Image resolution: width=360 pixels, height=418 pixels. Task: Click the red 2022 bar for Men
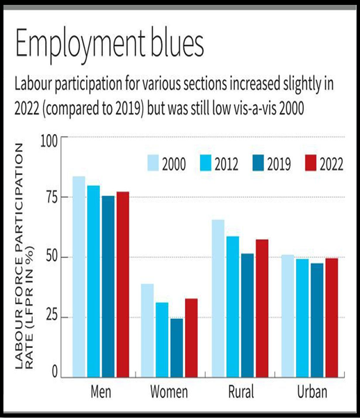coord(123,285)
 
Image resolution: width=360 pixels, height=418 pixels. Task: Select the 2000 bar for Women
coord(147,331)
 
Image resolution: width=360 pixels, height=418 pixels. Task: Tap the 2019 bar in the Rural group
coord(247,315)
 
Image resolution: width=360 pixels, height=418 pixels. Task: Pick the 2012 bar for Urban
coord(302,318)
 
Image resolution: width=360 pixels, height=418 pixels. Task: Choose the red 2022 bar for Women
coord(191,338)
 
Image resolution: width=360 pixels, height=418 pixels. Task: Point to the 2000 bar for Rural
coord(218,299)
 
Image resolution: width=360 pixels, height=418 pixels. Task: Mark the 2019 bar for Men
coord(108,287)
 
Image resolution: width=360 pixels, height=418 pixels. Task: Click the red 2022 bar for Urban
coord(332,318)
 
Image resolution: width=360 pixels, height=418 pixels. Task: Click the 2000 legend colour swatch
coord(153,163)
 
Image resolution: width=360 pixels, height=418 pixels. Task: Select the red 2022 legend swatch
coord(311,163)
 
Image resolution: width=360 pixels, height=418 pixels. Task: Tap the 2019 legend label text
coord(279,163)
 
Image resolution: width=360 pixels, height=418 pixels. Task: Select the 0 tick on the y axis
coord(55,371)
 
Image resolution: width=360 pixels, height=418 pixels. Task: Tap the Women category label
coord(169,392)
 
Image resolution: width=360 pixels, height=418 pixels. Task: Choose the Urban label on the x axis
coord(312,392)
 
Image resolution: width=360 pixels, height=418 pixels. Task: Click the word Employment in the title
coord(81,44)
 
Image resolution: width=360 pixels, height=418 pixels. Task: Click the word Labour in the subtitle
coord(33,84)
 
